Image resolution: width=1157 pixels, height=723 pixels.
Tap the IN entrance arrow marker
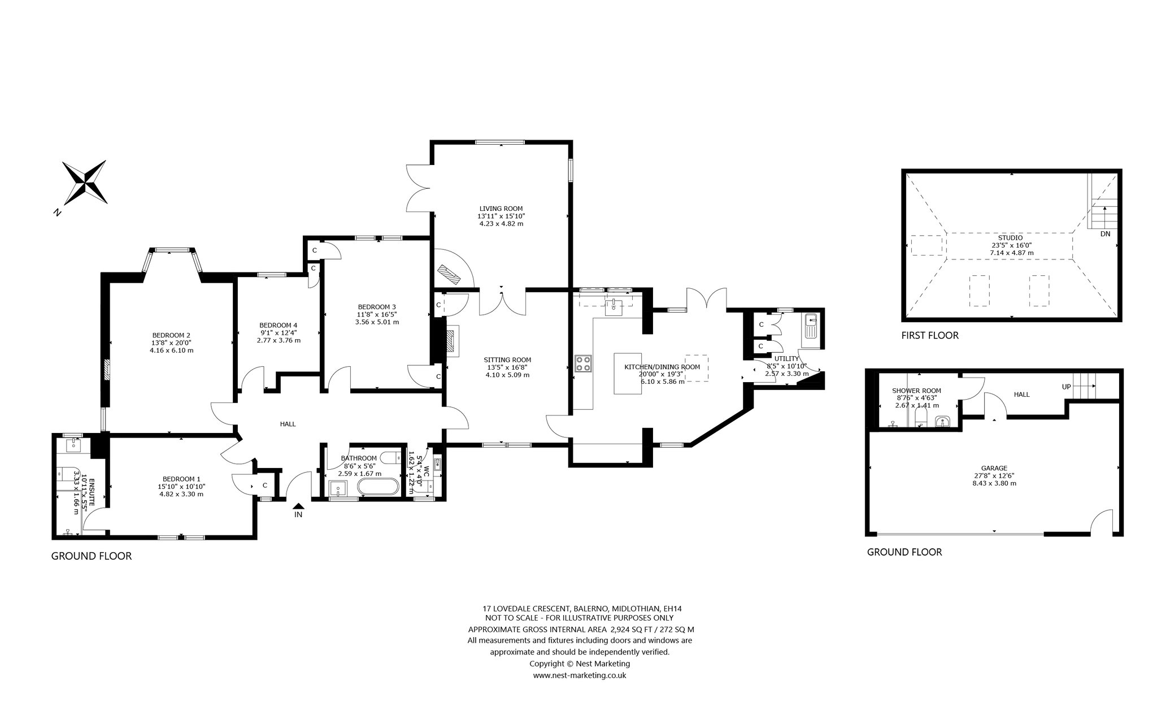(299, 506)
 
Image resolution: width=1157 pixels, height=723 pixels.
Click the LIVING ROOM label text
(501, 208)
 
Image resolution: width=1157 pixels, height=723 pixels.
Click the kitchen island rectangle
(629, 374)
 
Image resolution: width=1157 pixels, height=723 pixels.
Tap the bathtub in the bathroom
(378, 487)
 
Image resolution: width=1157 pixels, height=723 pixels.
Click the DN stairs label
(1106, 233)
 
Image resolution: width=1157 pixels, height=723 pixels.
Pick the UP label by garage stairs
(1067, 387)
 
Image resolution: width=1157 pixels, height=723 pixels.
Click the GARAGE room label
(994, 468)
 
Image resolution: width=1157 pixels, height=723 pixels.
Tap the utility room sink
(810, 327)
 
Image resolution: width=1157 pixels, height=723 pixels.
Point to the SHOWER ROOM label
(908, 391)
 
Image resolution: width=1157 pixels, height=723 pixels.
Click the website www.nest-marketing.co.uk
(580, 676)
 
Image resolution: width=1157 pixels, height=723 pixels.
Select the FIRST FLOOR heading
(930, 335)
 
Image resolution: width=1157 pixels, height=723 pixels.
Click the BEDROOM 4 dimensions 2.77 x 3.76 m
(279, 340)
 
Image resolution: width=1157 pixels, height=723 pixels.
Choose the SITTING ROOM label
(507, 360)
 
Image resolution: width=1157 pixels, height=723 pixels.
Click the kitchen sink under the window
(613, 308)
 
